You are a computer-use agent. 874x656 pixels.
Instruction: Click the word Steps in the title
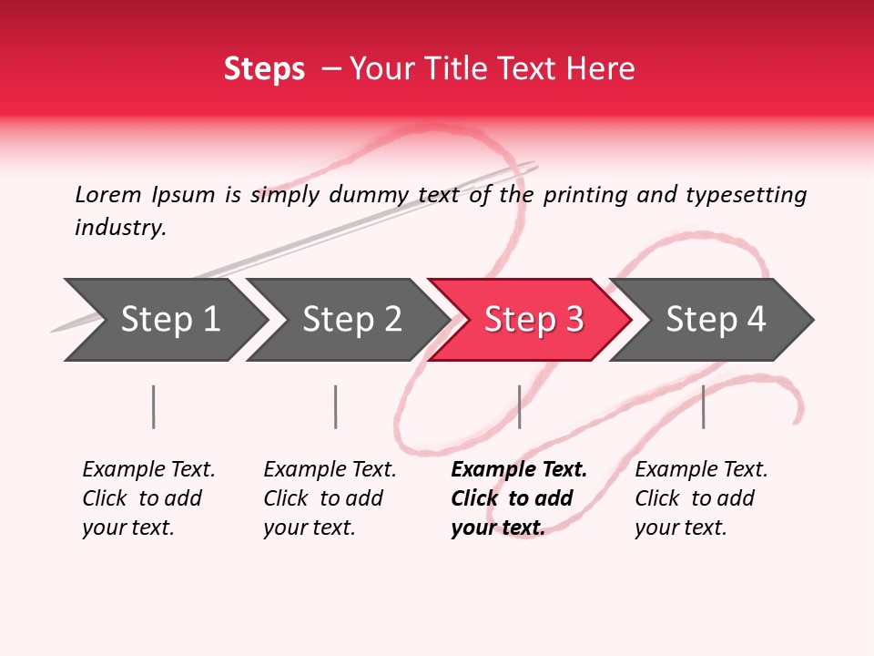point(264,69)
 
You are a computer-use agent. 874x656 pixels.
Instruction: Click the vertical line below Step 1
point(154,406)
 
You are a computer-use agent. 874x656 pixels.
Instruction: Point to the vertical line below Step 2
point(336,406)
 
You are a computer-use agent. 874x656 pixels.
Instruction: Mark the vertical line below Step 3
point(519,406)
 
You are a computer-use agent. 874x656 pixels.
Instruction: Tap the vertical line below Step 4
point(703,406)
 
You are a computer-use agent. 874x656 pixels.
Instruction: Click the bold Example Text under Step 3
point(519,498)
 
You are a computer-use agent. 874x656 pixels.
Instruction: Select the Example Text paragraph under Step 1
point(148,498)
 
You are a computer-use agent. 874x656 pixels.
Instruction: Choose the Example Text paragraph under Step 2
point(330,498)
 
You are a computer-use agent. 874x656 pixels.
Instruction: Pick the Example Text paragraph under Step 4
point(701,498)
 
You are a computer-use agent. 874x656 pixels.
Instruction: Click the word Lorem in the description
point(108,194)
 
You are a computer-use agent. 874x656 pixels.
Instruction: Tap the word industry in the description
point(119,227)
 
